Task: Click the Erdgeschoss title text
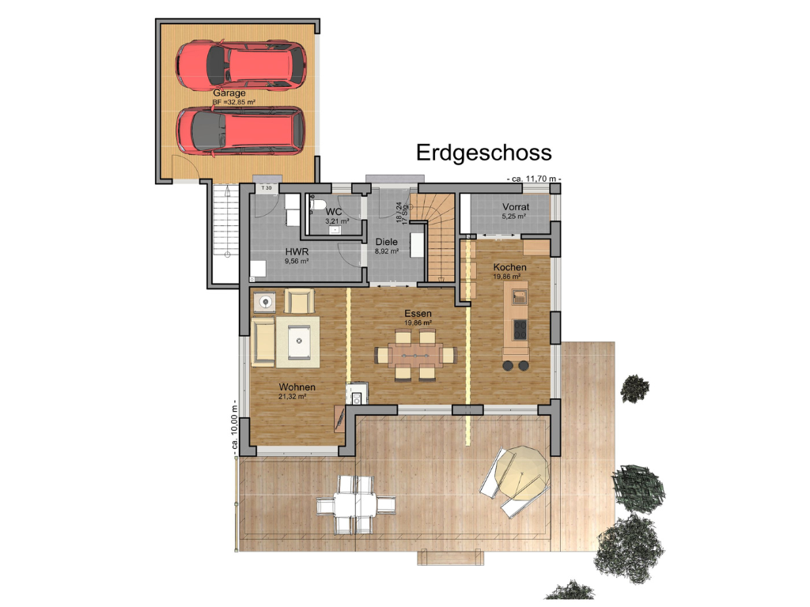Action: [x=483, y=152]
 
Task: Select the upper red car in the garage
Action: [x=240, y=65]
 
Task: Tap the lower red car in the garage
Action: [x=240, y=130]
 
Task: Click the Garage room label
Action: [x=229, y=93]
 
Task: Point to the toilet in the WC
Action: [x=316, y=207]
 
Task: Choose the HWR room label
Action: [x=297, y=251]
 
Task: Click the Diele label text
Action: [x=386, y=243]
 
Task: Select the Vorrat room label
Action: [x=517, y=208]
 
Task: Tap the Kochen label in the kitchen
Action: [x=509, y=267]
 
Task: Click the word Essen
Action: [x=418, y=314]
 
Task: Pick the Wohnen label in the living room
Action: [x=297, y=387]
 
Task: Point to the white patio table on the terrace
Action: [x=355, y=503]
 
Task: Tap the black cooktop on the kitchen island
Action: [x=520, y=329]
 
